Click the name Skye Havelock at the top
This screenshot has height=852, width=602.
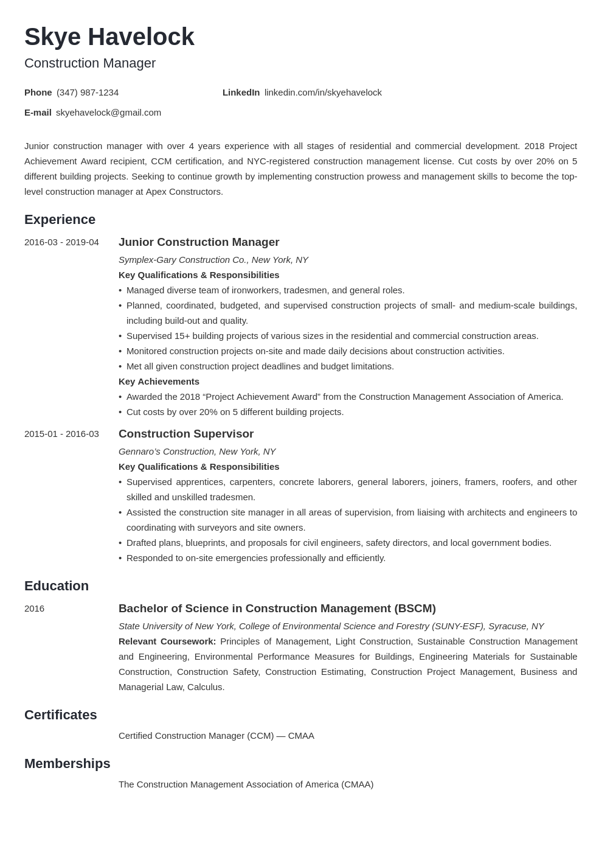[x=109, y=37]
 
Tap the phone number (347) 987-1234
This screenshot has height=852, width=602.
[x=88, y=93]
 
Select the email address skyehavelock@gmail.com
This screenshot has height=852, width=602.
[x=108, y=113]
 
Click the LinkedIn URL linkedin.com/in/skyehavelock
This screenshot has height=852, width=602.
[x=323, y=93]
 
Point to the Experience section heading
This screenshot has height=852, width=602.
[x=60, y=220]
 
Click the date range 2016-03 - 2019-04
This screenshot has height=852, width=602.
[x=61, y=242]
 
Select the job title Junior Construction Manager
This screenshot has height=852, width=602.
[x=199, y=242]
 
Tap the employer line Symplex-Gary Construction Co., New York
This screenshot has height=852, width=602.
[x=213, y=260]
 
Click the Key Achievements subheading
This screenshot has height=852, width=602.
[x=159, y=382]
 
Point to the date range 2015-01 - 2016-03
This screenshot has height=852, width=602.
[x=61, y=434]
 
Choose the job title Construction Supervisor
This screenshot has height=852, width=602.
[x=186, y=434]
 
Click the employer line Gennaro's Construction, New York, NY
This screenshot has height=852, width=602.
[x=197, y=452]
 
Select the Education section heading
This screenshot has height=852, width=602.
[x=57, y=586]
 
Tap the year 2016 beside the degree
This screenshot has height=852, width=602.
[x=34, y=609]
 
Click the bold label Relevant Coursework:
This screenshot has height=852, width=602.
[x=167, y=641]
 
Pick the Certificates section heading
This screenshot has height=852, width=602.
[x=61, y=715]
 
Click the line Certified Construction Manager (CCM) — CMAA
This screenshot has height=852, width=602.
[x=216, y=736]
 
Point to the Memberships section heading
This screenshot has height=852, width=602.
[x=67, y=764]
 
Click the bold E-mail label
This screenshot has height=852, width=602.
[x=38, y=113]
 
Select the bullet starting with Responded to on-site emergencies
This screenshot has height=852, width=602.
[x=255, y=558]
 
